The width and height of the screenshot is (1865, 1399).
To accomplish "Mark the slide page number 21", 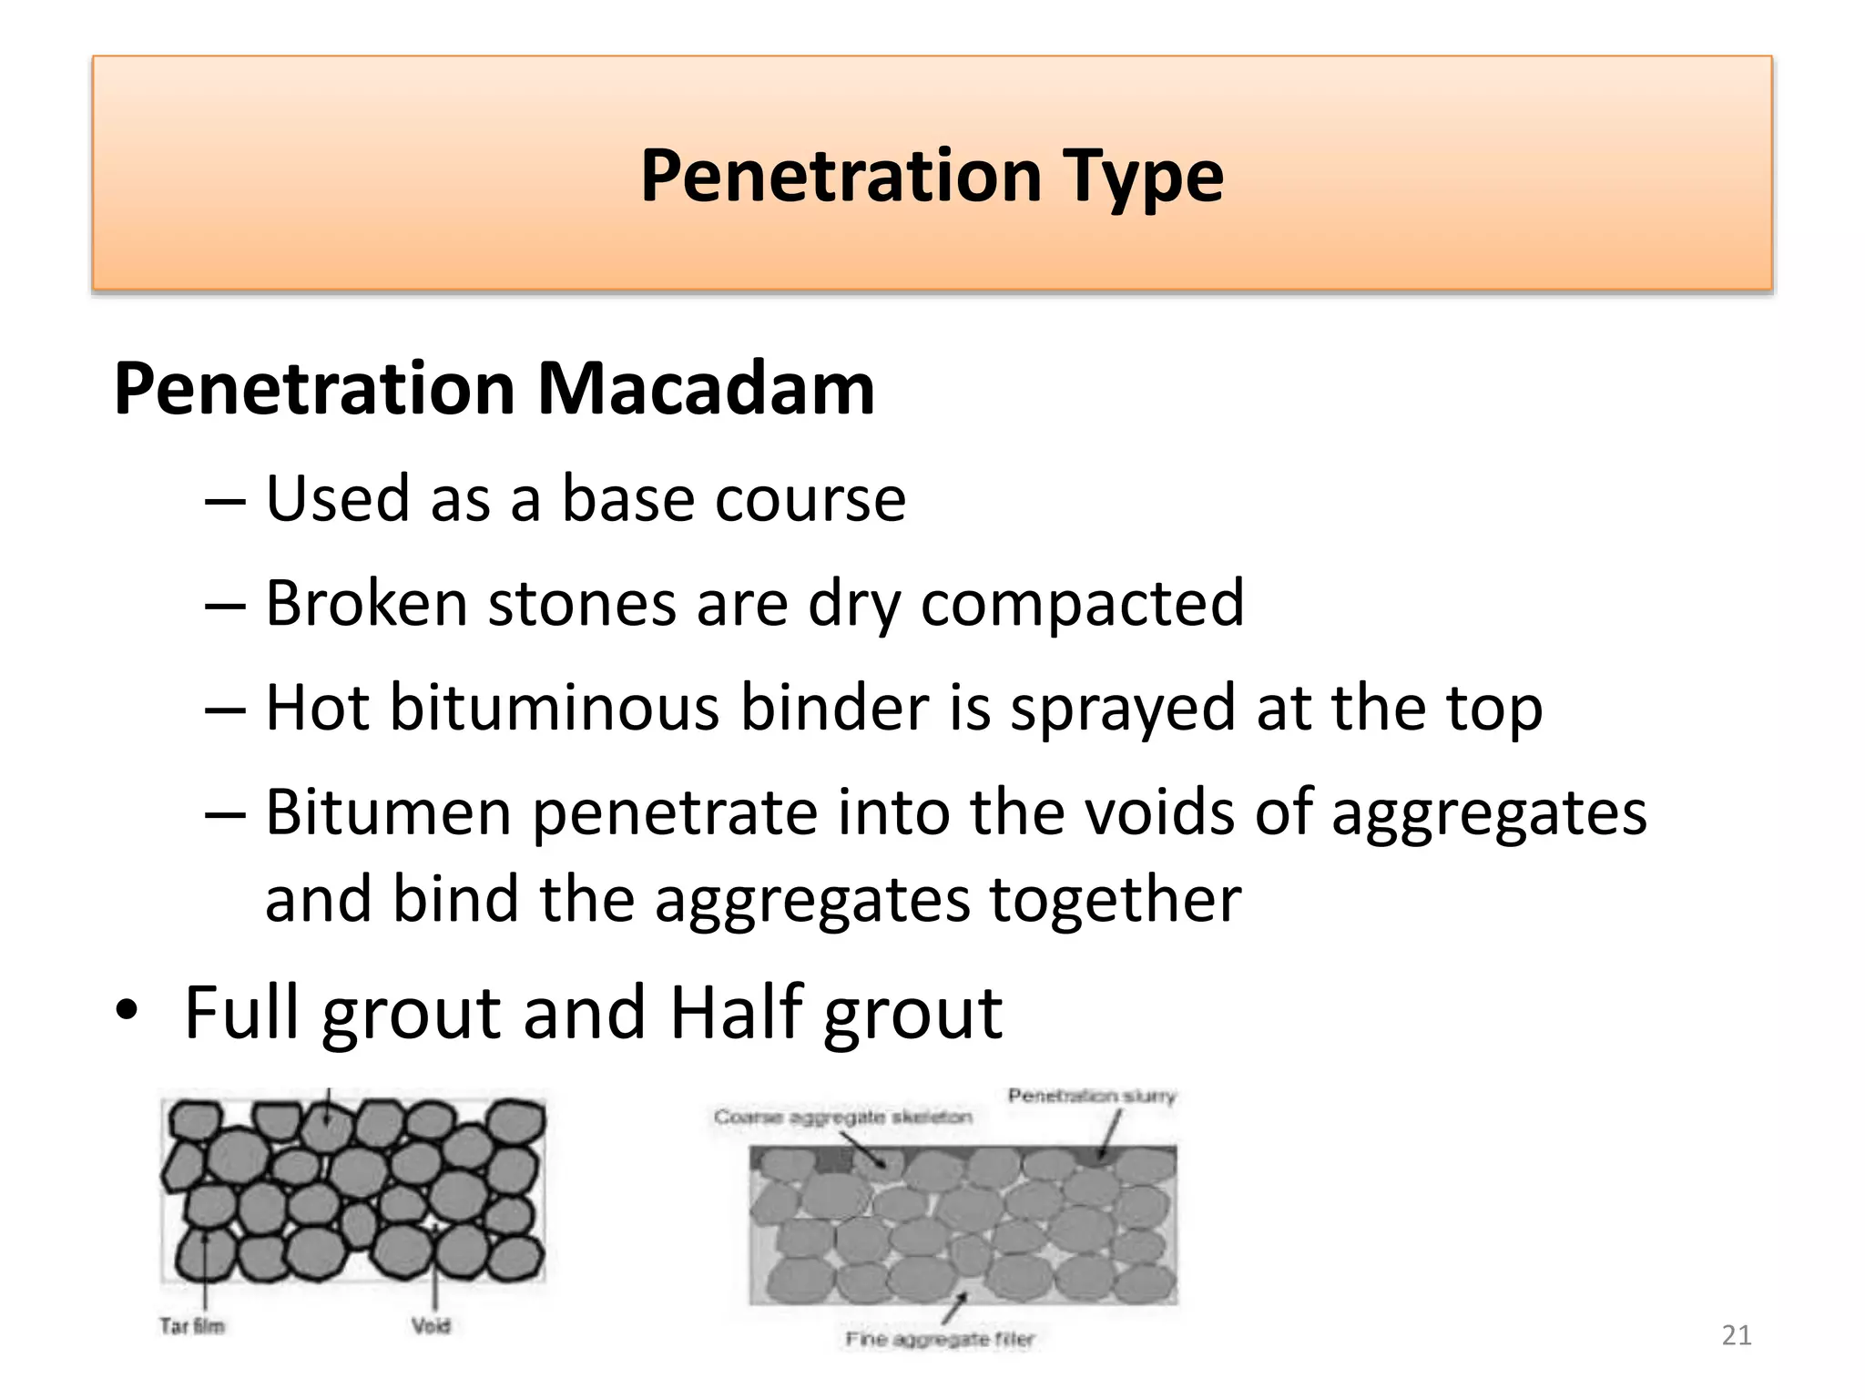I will coord(1737,1335).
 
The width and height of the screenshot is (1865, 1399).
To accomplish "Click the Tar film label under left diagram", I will coord(192,1325).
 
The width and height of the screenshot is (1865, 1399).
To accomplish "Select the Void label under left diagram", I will coord(431,1325).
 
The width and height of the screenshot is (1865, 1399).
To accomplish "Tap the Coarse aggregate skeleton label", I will coord(842,1117).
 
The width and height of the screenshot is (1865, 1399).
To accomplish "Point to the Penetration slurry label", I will coord(1091,1096).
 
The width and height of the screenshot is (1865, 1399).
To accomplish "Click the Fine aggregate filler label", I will coord(940,1339).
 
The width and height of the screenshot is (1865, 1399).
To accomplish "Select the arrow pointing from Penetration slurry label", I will coord(1109,1135).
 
